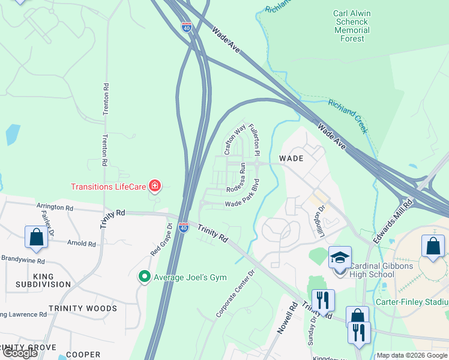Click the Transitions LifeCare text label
click(109, 187)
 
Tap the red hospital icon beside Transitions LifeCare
click(155, 187)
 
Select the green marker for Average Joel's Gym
click(144, 276)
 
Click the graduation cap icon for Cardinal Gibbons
click(340, 258)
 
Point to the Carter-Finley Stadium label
click(411, 302)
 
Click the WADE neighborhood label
click(291, 158)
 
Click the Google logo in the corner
click(20, 353)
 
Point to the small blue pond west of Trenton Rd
click(13, 134)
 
